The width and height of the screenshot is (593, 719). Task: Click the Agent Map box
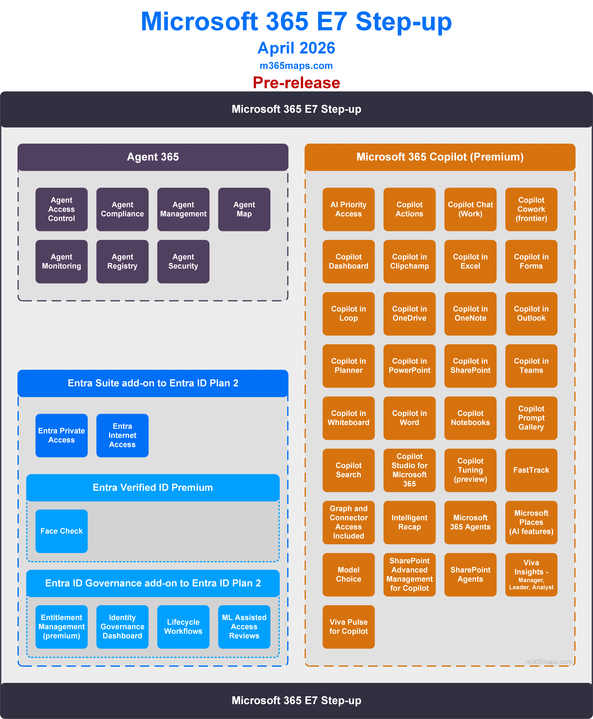(244, 209)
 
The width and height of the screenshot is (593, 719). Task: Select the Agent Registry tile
(122, 262)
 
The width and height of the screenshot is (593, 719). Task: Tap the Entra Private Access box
(61, 435)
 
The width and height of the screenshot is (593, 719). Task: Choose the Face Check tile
(61, 531)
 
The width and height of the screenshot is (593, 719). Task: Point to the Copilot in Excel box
(470, 262)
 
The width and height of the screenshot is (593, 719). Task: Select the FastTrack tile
(531, 470)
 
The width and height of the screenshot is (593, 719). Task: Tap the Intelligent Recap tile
(410, 522)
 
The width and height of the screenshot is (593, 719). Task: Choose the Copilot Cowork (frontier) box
(531, 209)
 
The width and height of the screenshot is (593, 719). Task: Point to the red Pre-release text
(297, 83)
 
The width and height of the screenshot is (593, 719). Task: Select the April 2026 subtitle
(296, 48)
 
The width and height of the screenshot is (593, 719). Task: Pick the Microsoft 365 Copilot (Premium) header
(440, 157)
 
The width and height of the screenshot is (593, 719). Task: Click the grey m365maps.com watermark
(549, 662)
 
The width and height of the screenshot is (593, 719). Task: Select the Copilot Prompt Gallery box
(531, 418)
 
